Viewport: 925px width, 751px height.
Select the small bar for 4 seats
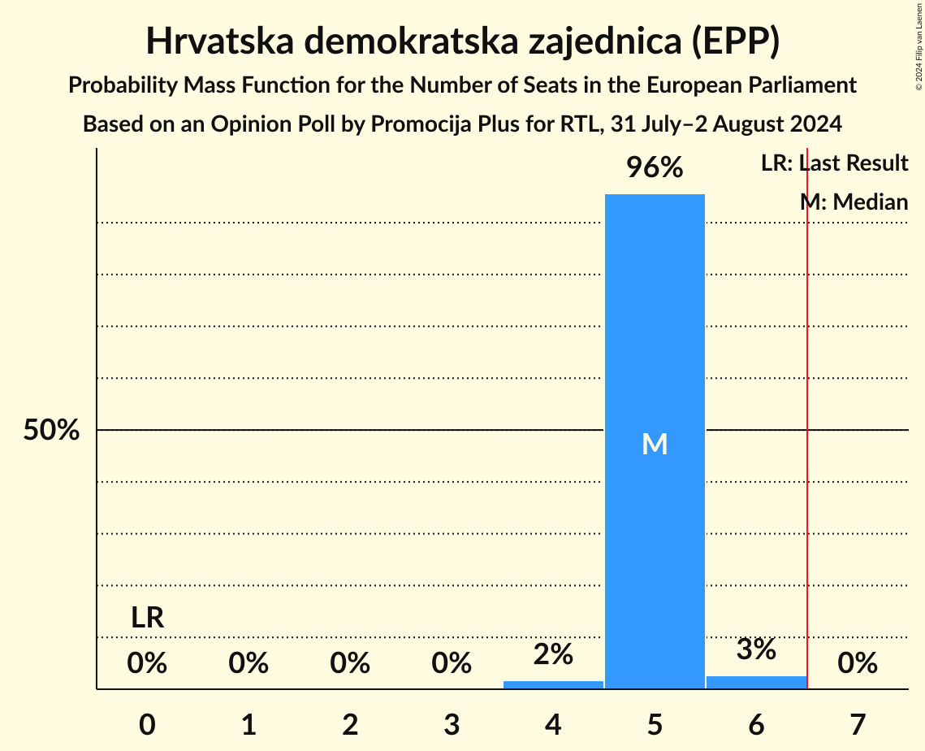click(553, 684)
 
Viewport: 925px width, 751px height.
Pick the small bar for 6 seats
click(756, 682)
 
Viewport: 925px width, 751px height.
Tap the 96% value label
click(655, 168)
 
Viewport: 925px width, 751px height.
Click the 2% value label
click(553, 653)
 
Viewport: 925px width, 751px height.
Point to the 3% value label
click(756, 649)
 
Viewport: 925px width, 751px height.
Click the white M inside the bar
click(655, 444)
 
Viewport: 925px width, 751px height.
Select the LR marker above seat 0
click(148, 619)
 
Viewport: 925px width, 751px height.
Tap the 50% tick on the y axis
click(51, 431)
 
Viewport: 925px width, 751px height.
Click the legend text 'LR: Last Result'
click(834, 163)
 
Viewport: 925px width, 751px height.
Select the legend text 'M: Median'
click(854, 202)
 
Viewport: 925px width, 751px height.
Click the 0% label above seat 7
click(858, 664)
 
